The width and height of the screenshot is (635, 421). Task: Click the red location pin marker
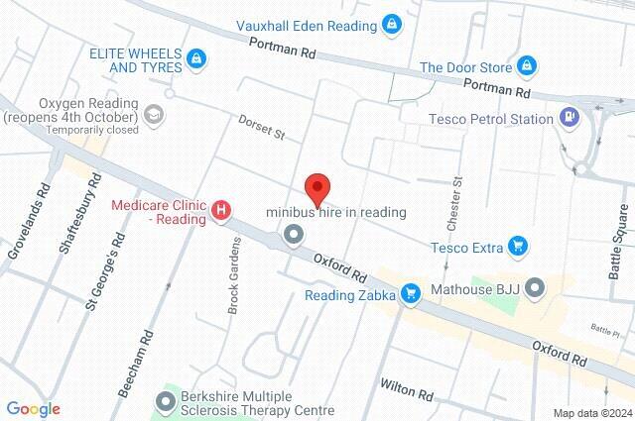(317, 186)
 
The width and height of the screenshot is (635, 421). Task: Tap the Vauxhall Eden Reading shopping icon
(393, 23)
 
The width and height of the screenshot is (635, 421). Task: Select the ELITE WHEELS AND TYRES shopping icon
(198, 59)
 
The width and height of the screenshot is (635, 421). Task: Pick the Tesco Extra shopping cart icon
(516, 246)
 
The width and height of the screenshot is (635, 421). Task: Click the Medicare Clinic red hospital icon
(221, 210)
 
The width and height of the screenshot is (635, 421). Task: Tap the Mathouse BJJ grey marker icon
(536, 290)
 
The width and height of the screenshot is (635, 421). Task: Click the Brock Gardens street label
(235, 275)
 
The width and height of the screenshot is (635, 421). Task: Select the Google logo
(33, 407)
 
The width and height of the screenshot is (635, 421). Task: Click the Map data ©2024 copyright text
(592, 412)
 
